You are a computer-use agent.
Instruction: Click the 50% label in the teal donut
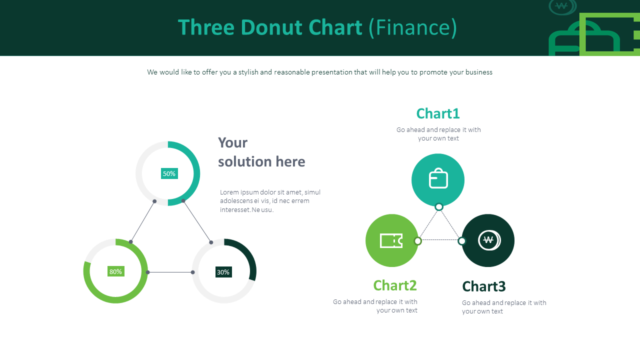click(x=169, y=173)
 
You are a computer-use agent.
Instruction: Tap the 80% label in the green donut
click(x=115, y=271)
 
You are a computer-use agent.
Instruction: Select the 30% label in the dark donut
click(x=223, y=272)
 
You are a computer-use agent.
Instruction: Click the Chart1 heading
click(x=437, y=113)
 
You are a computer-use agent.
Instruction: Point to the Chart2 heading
click(x=394, y=285)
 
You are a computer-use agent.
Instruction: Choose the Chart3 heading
click(x=483, y=286)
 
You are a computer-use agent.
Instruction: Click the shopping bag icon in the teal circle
click(x=438, y=179)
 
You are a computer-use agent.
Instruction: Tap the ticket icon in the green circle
click(x=391, y=240)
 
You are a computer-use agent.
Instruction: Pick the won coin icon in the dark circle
click(x=488, y=240)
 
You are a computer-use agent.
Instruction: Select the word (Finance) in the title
click(x=412, y=27)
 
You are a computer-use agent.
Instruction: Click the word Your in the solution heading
click(x=232, y=142)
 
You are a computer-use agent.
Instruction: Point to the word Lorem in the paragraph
click(x=229, y=192)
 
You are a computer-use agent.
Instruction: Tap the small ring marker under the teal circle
click(x=439, y=207)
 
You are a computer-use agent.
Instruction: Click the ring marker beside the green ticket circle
click(x=418, y=241)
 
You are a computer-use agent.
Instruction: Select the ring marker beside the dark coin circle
click(x=462, y=241)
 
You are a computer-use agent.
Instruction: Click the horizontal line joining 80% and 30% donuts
click(x=170, y=272)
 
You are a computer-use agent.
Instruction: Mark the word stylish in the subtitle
click(x=248, y=72)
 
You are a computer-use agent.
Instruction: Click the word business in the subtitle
click(x=478, y=72)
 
